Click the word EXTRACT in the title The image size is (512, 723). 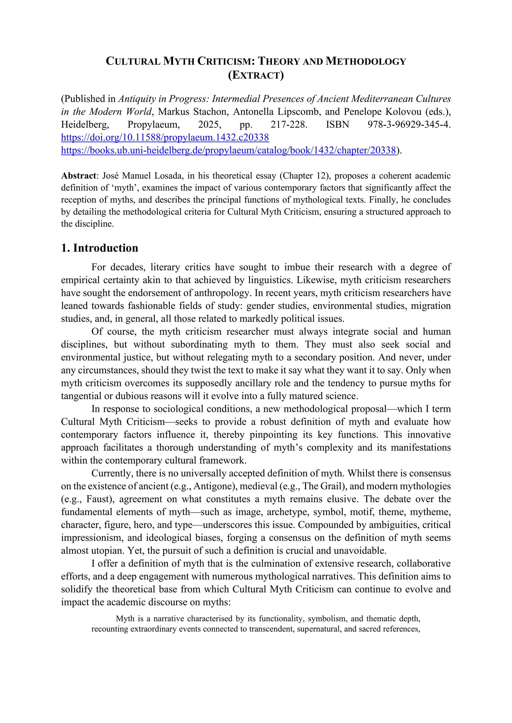pyautogui.click(x=256, y=75)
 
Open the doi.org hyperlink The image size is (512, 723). pyautogui.click(x=165, y=138)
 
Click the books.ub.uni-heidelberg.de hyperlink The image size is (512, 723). pyautogui.click(x=228, y=151)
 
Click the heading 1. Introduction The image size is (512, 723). pyautogui.click(x=100, y=248)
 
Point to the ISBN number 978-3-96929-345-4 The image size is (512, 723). pyautogui.click(x=409, y=125)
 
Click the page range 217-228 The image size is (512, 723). pyautogui.click(x=288, y=125)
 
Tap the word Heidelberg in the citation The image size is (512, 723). pyautogui.click(x=85, y=125)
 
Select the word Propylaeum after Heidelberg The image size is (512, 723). pyautogui.click(x=153, y=125)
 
